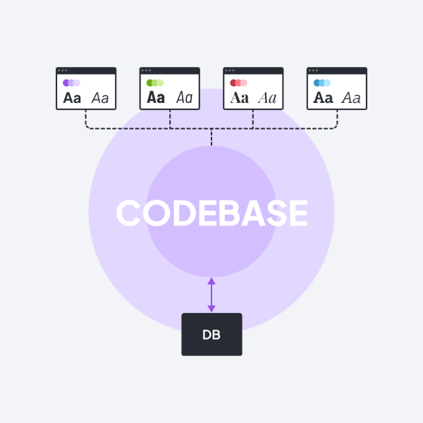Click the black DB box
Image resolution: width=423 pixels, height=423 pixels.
coord(211,334)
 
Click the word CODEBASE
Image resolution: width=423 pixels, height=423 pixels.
coord(211,213)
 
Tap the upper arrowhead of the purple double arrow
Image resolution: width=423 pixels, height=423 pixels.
coord(211,281)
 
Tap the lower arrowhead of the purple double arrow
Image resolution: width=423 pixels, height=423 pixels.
coord(211,309)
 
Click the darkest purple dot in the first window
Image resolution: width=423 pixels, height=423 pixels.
coord(66,82)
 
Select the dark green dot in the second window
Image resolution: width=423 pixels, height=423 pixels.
coord(149,82)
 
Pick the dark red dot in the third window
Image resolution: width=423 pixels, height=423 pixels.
coord(233,82)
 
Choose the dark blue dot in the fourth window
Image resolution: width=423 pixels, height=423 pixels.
coord(317,82)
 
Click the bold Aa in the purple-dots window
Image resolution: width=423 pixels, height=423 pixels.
coord(72,98)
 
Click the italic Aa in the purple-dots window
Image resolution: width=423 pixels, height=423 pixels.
coord(100,98)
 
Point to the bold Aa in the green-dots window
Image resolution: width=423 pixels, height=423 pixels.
coord(156,97)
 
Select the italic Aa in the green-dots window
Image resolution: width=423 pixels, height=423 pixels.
coord(185,97)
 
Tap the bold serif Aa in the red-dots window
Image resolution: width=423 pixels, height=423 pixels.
coord(240,98)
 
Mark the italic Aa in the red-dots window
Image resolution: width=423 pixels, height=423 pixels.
coord(267,98)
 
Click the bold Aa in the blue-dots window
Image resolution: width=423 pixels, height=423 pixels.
coord(323,98)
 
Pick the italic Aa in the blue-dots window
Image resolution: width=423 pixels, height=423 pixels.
coord(351,98)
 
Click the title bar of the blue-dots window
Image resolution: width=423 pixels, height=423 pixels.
coord(337,70)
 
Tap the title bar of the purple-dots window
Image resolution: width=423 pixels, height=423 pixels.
coord(86,70)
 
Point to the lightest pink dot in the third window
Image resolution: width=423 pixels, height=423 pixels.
coord(244,82)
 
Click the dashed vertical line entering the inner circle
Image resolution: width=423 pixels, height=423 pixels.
coord(211,137)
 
